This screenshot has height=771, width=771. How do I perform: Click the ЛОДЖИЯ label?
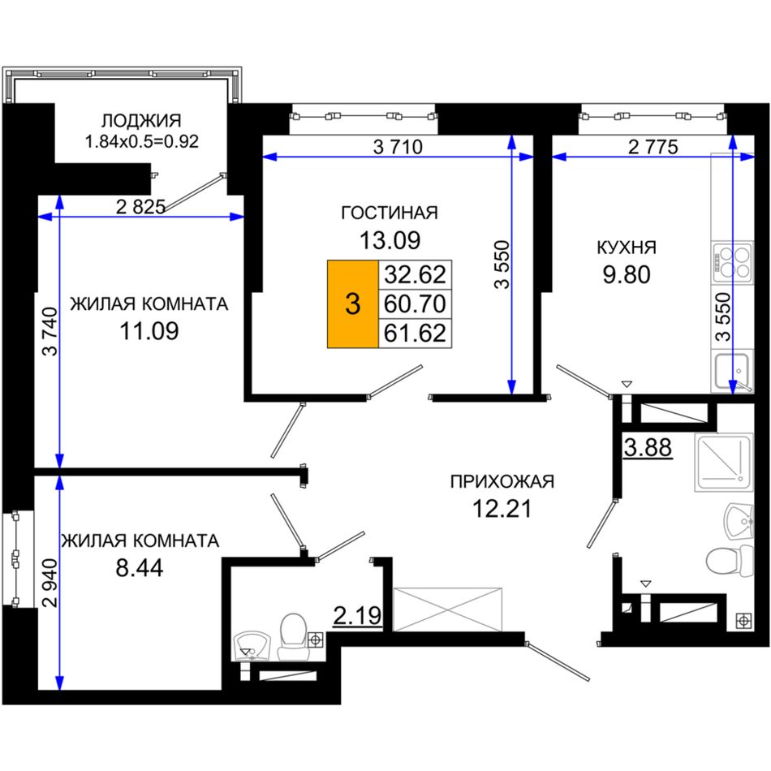(x=141, y=120)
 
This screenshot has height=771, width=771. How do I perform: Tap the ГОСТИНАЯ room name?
(x=390, y=213)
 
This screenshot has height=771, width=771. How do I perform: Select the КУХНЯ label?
(x=627, y=248)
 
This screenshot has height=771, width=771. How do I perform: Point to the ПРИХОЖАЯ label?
(x=502, y=481)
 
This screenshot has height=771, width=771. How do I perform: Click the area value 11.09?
(x=149, y=331)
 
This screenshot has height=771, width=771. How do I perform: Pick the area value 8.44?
(x=139, y=568)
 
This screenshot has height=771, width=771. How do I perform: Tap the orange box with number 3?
(x=352, y=304)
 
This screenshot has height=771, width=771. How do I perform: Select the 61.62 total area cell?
(x=415, y=333)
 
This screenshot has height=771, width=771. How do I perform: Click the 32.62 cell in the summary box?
(x=415, y=274)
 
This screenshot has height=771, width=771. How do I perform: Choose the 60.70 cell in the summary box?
(x=415, y=304)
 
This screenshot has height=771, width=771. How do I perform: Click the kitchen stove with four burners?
(x=732, y=262)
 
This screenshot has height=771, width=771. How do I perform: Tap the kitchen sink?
(x=732, y=371)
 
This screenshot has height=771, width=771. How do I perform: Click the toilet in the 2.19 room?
(x=294, y=636)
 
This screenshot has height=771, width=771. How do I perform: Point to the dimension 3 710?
(x=398, y=147)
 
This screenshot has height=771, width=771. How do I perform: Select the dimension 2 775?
(x=653, y=147)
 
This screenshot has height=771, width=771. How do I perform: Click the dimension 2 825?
(x=140, y=206)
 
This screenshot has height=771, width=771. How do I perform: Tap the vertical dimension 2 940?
(x=50, y=583)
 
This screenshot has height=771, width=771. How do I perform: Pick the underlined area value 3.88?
(x=648, y=448)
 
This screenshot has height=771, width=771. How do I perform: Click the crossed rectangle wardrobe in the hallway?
(x=448, y=609)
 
